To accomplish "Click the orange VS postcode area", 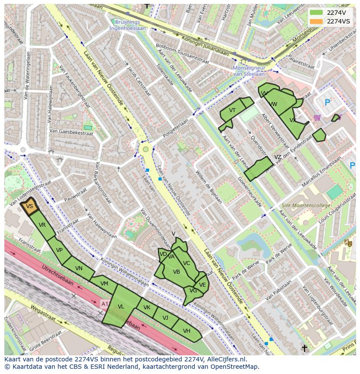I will (x=30, y=207).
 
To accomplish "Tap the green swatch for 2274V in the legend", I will (x=316, y=13).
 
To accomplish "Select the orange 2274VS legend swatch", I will (x=316, y=21).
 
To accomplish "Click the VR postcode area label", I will (x=42, y=225).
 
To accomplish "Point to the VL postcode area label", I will (x=121, y=307).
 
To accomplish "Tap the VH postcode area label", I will (x=187, y=331).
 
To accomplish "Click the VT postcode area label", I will (x=232, y=110).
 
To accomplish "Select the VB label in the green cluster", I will (x=177, y=272).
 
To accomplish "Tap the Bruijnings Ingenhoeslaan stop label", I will (x=128, y=25).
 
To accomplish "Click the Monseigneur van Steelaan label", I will (x=249, y=71).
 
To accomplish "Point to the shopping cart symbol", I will (x=317, y=117).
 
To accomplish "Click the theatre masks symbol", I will (x=347, y=243).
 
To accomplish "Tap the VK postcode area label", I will (x=147, y=308).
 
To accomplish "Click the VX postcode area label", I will (x=293, y=120).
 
